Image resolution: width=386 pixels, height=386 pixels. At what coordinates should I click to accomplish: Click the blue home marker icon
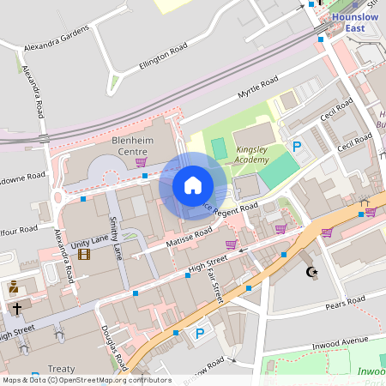point(193,185)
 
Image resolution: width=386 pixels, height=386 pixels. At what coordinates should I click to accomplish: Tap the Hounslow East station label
point(349,22)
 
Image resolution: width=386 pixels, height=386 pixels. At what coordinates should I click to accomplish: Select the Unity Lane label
point(90,245)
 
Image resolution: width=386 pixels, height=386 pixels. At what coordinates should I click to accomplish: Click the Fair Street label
point(217,286)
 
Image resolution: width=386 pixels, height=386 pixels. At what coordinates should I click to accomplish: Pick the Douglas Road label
point(114,348)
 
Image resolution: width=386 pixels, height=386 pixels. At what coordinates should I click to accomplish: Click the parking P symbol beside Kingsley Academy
point(298,147)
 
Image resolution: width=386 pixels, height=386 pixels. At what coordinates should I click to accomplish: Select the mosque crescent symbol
point(311,272)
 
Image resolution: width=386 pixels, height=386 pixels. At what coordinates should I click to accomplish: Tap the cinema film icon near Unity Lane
point(83,255)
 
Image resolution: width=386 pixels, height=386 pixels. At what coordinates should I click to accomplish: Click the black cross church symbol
point(16,307)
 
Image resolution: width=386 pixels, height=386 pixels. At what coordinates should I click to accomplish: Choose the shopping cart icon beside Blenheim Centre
point(141,161)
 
